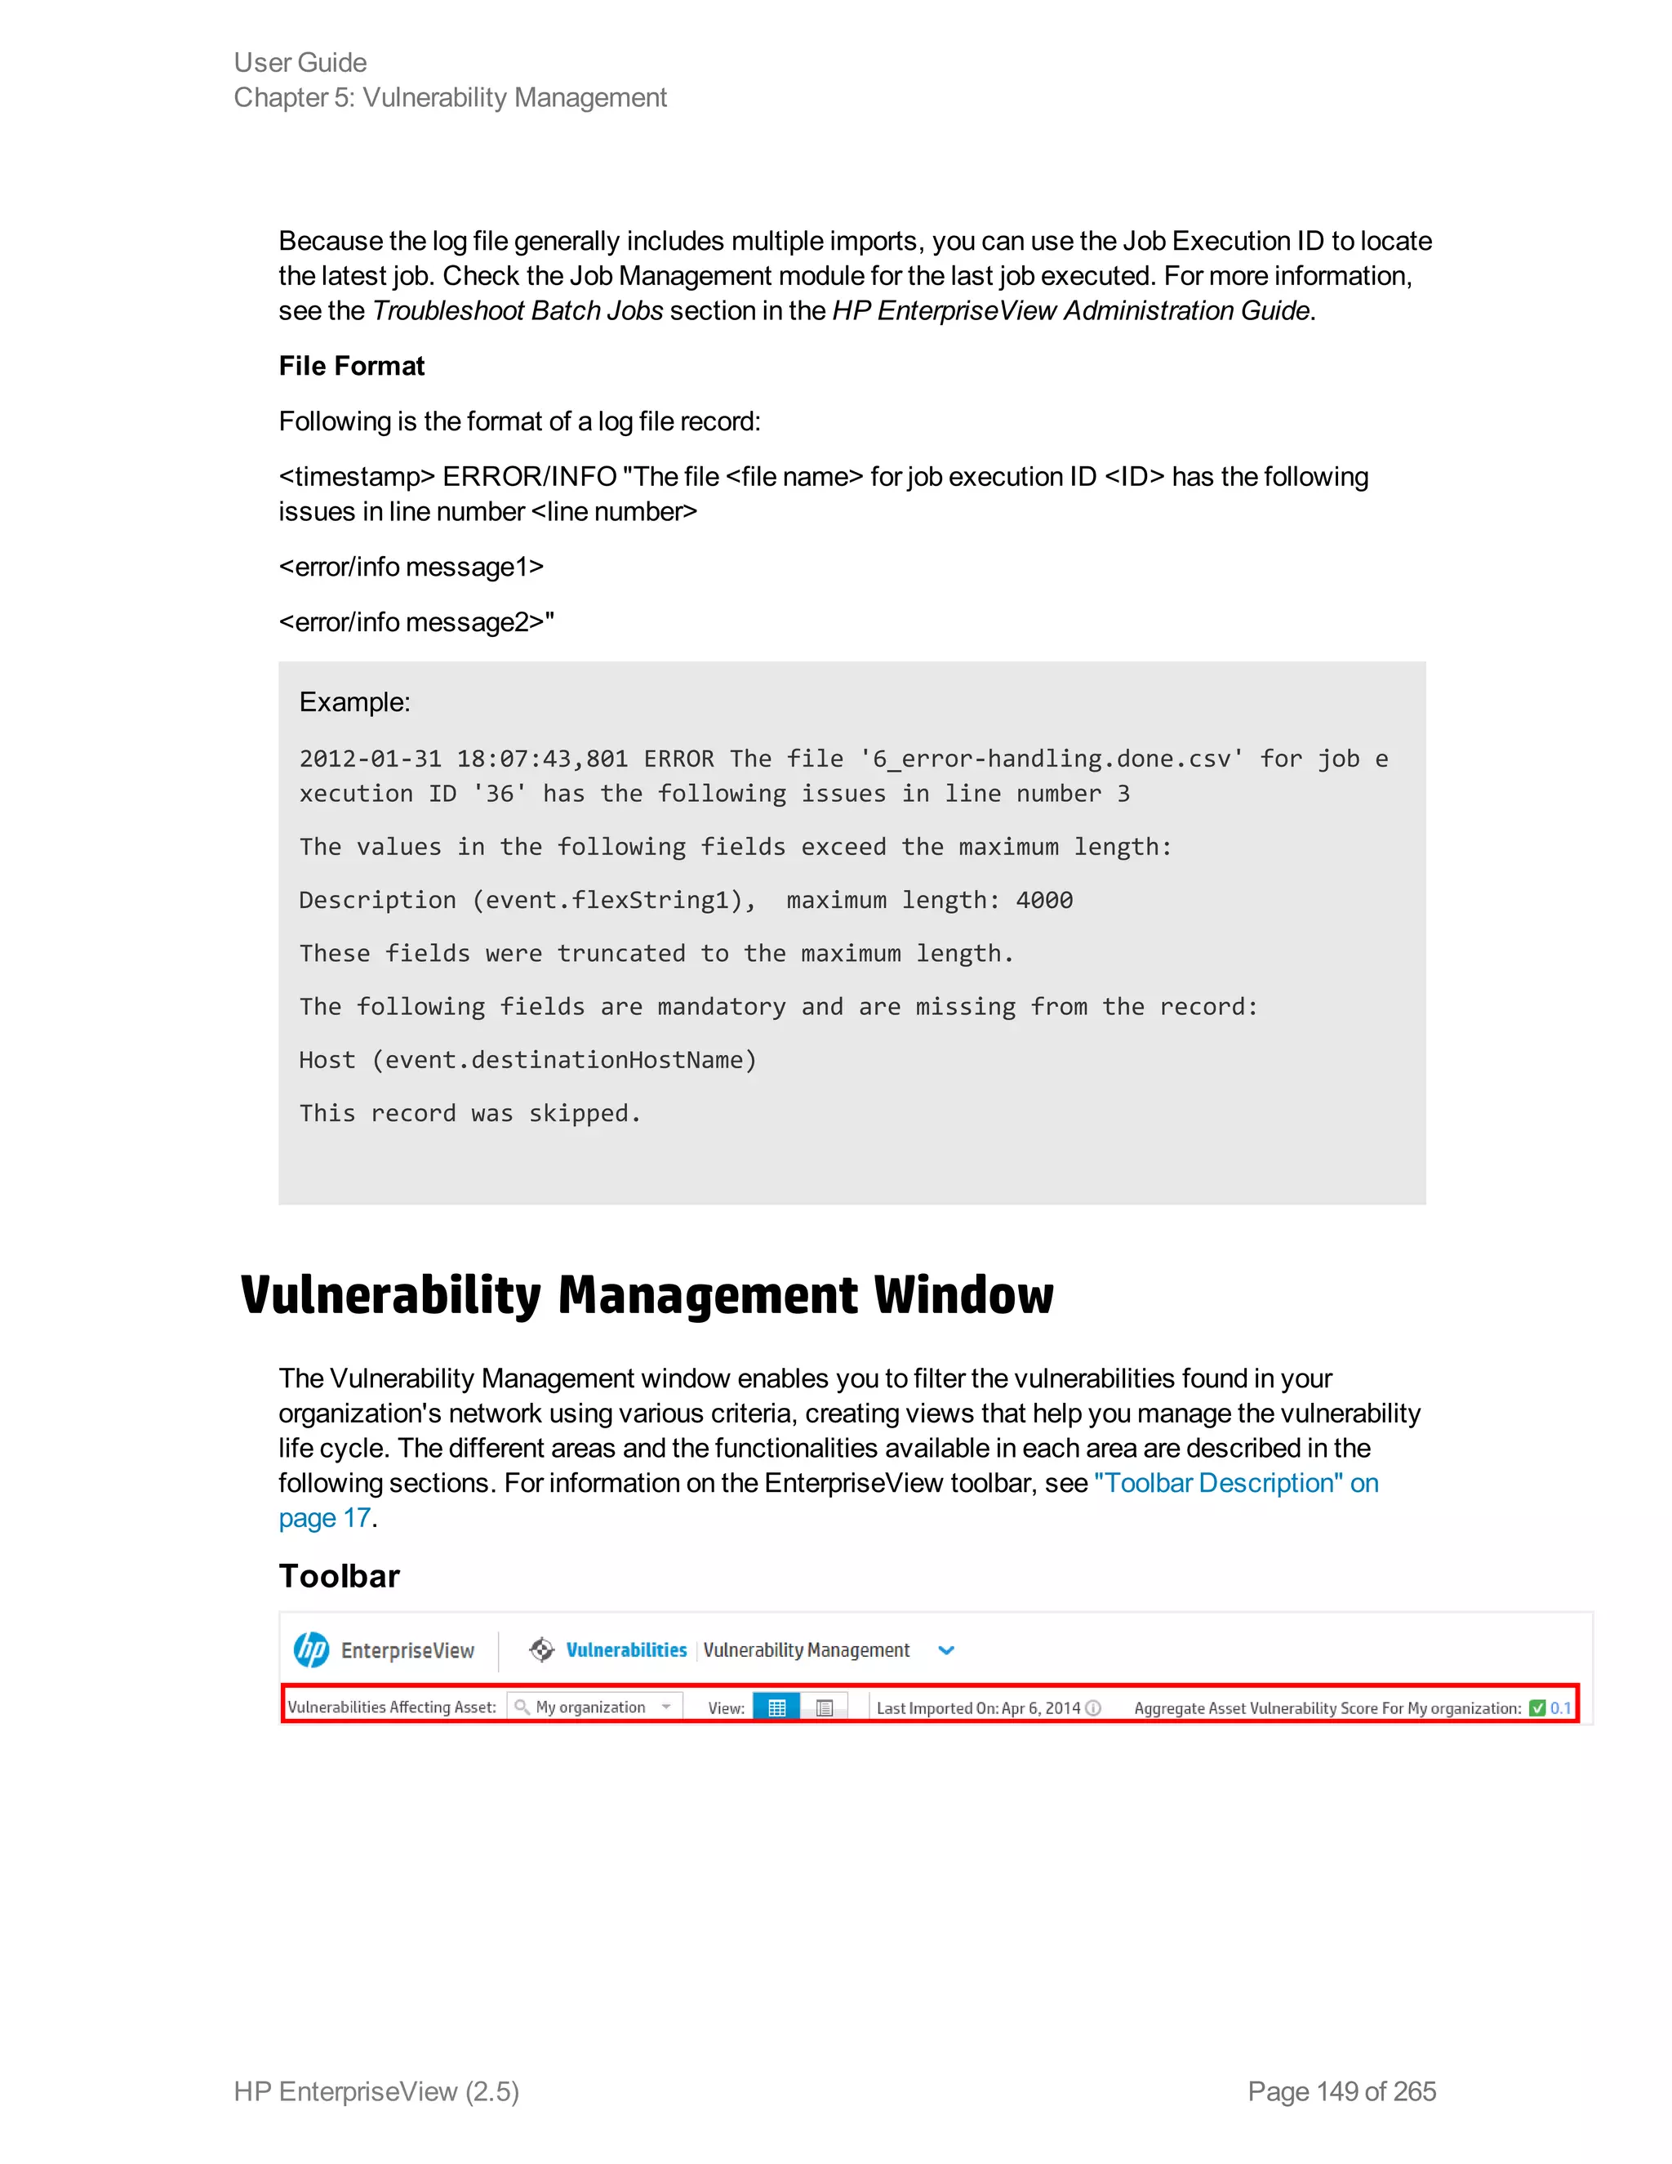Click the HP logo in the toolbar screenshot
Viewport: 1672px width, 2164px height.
[x=311, y=1650]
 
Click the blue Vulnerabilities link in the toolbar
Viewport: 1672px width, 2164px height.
[x=626, y=1650]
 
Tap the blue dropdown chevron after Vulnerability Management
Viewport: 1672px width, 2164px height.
[x=946, y=1650]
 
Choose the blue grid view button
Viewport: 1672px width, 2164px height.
[x=776, y=1708]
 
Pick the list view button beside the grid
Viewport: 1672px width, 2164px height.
[x=824, y=1708]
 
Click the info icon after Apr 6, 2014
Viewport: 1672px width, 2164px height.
[x=1093, y=1708]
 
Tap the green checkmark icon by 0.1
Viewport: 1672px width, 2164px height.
[x=1537, y=1708]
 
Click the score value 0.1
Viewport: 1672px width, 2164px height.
[x=1560, y=1708]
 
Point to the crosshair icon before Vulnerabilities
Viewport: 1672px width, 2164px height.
[x=540, y=1650]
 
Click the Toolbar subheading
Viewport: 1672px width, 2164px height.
[x=339, y=1576]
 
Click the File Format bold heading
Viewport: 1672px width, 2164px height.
[x=352, y=366]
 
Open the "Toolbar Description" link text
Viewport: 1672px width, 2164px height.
[x=1218, y=1482]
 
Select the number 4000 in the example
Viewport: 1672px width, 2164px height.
[x=1044, y=900]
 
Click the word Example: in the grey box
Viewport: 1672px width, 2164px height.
[x=354, y=701]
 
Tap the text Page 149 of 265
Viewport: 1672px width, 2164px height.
[x=1341, y=2091]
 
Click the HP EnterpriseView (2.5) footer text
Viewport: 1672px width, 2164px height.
[x=376, y=2091]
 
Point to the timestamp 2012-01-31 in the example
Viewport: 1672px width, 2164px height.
[x=370, y=759]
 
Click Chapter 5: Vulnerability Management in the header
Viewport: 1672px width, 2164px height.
[x=450, y=97]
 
